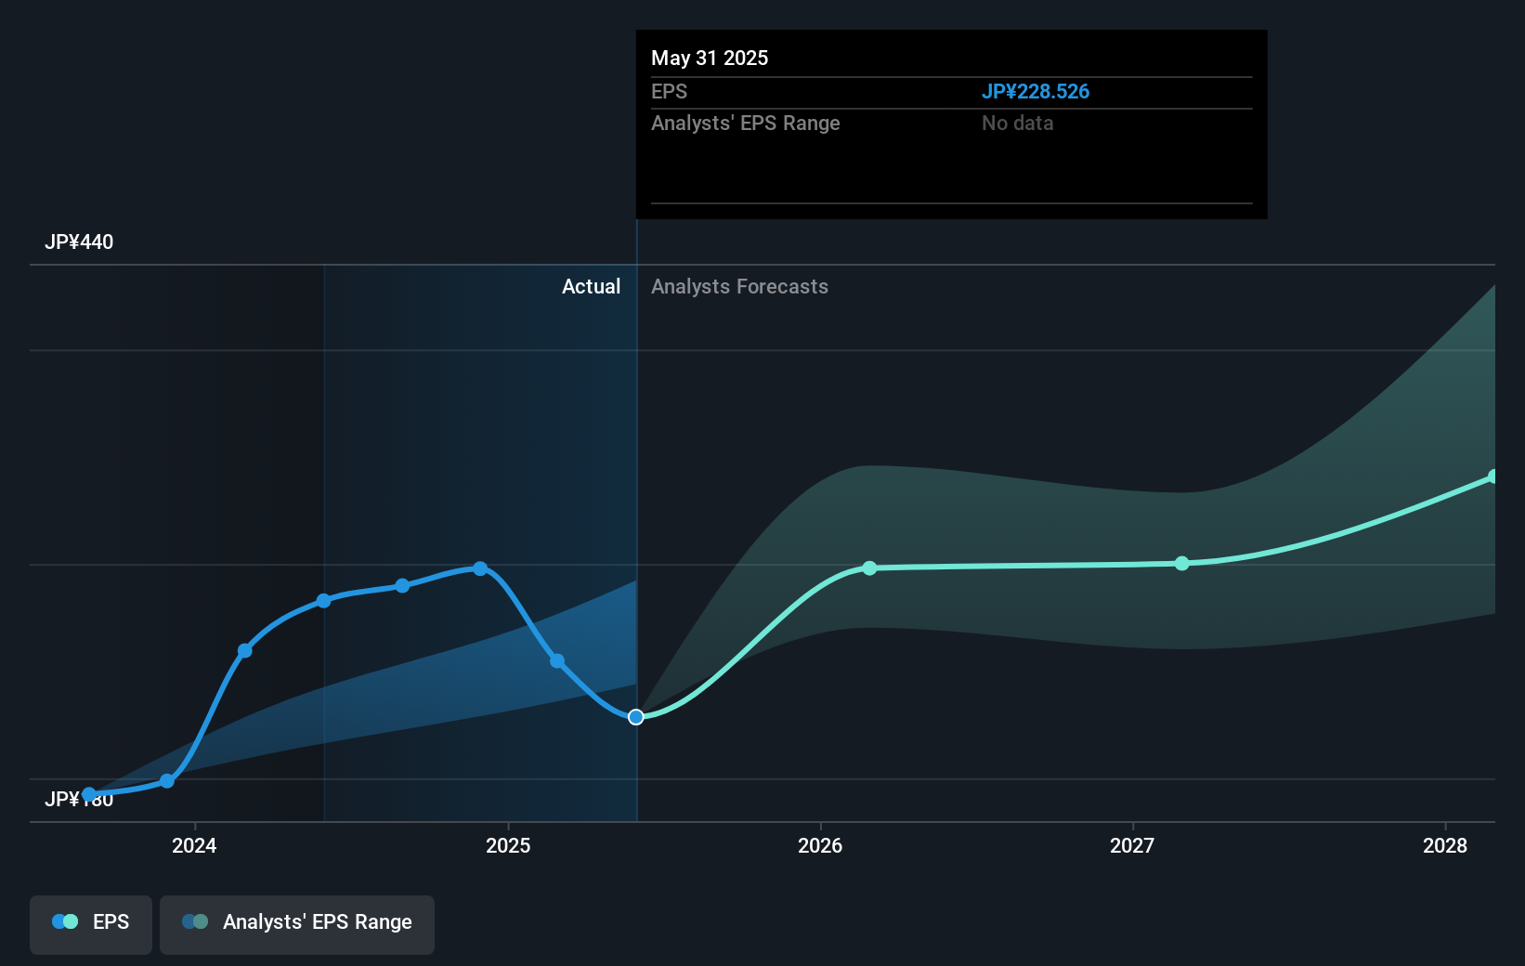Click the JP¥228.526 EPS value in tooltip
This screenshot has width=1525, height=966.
pos(1035,92)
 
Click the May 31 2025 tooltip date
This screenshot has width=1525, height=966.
pos(710,59)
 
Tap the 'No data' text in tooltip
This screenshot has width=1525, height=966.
pos(1017,124)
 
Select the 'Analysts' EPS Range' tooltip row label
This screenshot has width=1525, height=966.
pos(745,124)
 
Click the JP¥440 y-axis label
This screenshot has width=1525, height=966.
pos(79,242)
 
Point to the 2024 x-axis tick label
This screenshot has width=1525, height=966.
pos(194,845)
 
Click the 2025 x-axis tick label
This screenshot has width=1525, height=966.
pos(508,845)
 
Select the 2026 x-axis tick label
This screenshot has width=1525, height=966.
pos(820,845)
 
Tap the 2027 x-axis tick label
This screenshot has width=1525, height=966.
pos(1132,845)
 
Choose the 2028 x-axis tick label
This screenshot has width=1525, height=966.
pos(1445,845)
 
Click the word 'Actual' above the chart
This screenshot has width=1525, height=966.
pos(591,287)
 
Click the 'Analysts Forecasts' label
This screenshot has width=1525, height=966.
pos(739,287)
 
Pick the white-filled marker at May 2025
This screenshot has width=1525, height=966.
pos(636,717)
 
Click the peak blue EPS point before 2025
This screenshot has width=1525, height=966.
pos(480,568)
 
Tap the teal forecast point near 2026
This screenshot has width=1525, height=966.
pos(869,568)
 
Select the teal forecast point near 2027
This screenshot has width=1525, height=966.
pos(1181,564)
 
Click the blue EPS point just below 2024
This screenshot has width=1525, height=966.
pos(167,781)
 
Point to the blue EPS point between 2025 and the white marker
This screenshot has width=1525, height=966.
pos(557,661)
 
